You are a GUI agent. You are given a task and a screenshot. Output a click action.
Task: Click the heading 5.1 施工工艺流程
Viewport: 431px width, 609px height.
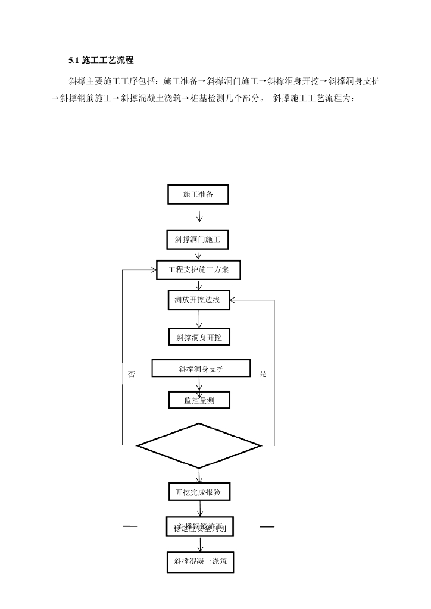(x=101, y=60)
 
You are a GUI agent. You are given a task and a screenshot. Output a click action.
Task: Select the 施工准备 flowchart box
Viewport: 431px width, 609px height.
(x=198, y=194)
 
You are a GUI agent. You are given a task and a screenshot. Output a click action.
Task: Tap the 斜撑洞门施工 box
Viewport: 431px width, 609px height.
(x=198, y=240)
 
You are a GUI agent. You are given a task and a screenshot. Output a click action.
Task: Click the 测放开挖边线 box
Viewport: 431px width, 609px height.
(x=198, y=300)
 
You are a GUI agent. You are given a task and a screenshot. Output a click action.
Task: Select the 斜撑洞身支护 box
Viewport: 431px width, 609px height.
(x=201, y=369)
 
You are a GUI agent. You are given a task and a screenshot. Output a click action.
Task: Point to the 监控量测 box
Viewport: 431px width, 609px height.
(x=199, y=400)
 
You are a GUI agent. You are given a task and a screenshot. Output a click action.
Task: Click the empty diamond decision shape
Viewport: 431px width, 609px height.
(x=199, y=445)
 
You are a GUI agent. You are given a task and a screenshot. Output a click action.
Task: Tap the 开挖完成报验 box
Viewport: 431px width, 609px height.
(x=199, y=492)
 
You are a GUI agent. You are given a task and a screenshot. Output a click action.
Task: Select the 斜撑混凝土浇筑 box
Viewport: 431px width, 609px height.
(x=200, y=561)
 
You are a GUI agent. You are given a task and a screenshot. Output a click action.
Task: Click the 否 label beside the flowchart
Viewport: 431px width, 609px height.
(x=132, y=374)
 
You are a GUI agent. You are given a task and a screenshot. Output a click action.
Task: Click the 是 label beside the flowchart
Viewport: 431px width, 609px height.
(x=264, y=374)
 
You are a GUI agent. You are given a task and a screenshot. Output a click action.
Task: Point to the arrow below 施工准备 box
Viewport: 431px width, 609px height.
(x=199, y=216)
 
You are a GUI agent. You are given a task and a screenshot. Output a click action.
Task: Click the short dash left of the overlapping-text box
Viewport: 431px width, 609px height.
(x=130, y=526)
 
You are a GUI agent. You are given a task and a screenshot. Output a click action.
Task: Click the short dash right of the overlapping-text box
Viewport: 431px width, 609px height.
(x=267, y=526)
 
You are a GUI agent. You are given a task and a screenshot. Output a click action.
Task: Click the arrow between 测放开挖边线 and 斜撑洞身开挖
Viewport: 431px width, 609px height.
(x=199, y=320)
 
